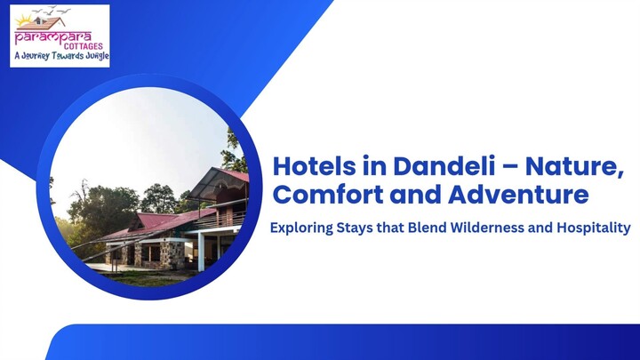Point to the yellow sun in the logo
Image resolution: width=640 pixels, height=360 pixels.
click(24, 20)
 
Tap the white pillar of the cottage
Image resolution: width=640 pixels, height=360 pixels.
click(202, 252)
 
